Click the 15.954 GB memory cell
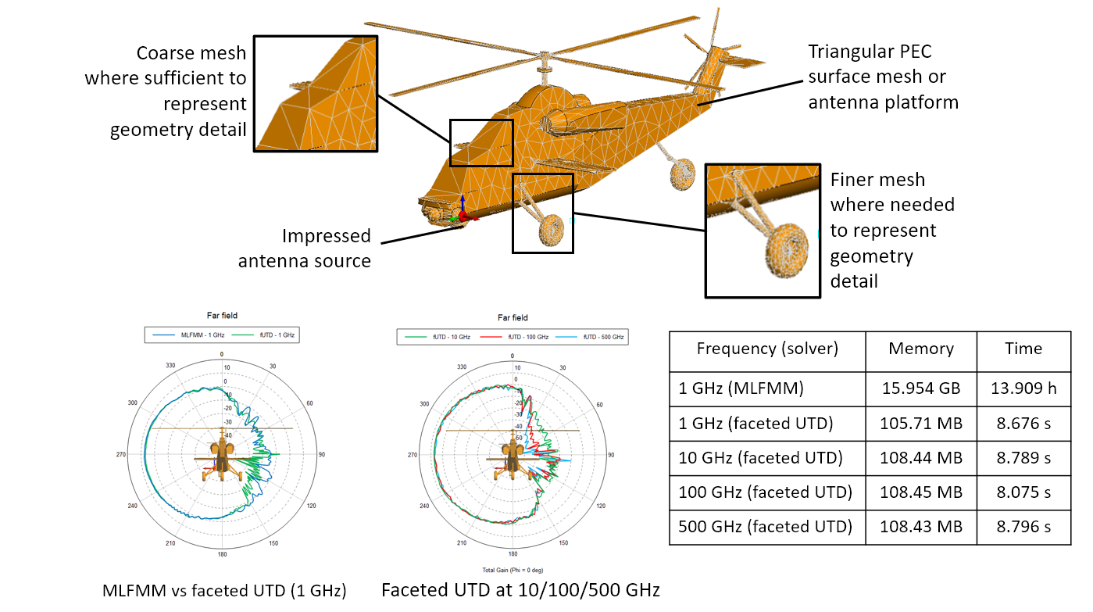pos(921,388)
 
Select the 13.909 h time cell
pos(1023,388)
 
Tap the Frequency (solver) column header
pos(766,349)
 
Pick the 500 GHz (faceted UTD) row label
pos(766,526)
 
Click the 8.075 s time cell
pos(1023,492)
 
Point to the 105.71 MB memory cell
pos(921,424)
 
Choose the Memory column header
pos(921,349)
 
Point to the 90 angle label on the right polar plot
pos(612,455)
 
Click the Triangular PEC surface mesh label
pos(883,77)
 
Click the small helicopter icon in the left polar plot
pos(223,456)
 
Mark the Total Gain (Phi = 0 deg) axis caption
pos(512,570)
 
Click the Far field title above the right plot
pos(513,317)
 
